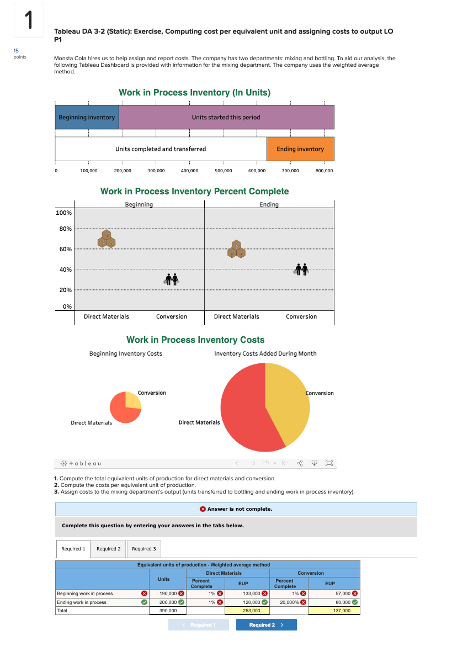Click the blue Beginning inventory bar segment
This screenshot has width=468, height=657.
point(87,117)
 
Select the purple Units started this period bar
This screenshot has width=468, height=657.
point(226,117)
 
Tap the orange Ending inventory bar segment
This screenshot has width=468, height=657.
point(300,149)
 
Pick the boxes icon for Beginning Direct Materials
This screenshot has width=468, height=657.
point(107,239)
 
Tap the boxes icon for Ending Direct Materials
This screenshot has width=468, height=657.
point(236,249)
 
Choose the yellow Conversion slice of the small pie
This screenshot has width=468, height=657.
point(132,400)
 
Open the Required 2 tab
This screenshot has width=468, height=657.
point(108,549)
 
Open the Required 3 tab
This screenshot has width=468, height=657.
point(143,549)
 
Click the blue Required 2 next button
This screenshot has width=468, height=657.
point(266,625)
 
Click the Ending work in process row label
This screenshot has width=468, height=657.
point(82,602)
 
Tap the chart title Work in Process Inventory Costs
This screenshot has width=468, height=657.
point(195,340)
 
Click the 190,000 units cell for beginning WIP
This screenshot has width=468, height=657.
point(167,594)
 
